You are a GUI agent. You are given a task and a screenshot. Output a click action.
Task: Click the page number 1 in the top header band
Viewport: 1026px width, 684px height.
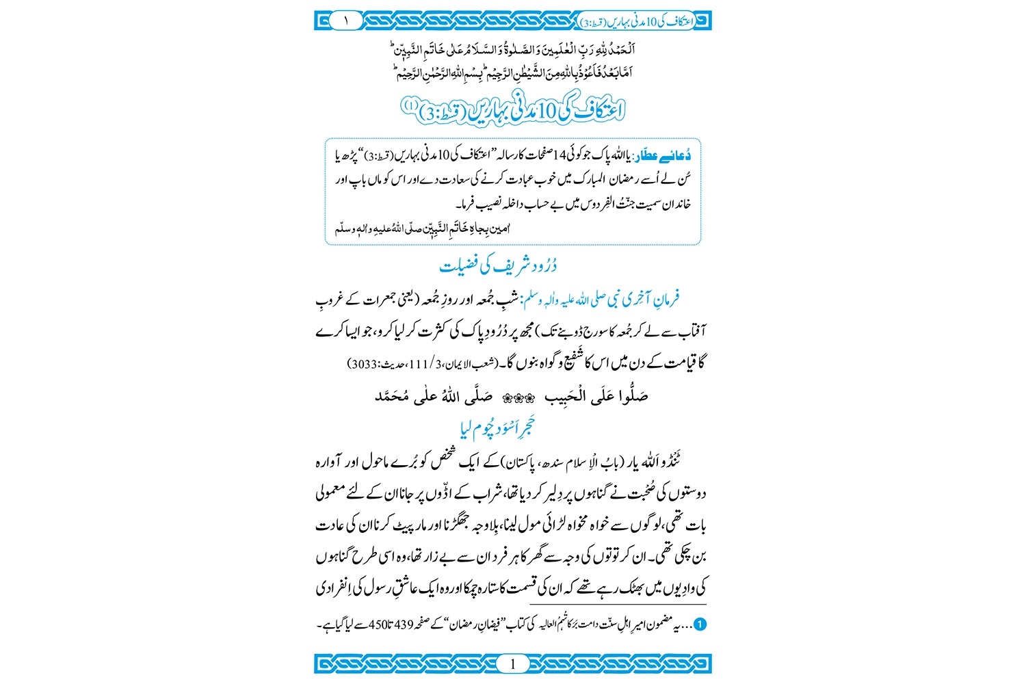[x=346, y=21]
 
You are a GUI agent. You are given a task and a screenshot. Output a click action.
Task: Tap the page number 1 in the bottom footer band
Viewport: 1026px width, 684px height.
[x=513, y=663]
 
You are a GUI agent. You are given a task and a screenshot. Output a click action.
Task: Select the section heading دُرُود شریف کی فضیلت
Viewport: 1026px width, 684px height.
[x=498, y=266]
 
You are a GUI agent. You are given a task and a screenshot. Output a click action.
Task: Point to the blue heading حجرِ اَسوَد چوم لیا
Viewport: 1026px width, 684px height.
[x=497, y=429]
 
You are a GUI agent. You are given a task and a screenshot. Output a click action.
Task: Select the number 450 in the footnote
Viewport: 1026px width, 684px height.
[x=378, y=625]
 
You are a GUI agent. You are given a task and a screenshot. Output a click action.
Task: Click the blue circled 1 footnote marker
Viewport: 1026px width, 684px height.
[x=700, y=625]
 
